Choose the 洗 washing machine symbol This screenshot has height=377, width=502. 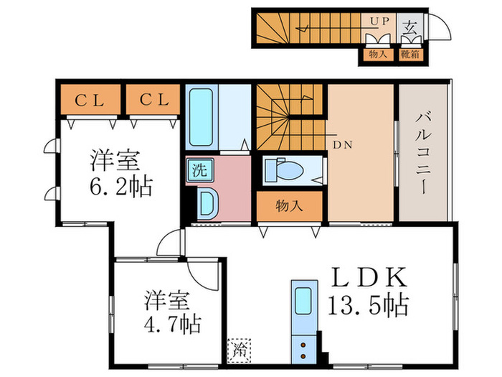196,171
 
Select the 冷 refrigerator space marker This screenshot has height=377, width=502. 238,351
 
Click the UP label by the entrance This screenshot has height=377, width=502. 378,22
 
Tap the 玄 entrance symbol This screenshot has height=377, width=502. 409,29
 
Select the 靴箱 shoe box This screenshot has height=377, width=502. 410,53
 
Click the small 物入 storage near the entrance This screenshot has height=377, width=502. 378,53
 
